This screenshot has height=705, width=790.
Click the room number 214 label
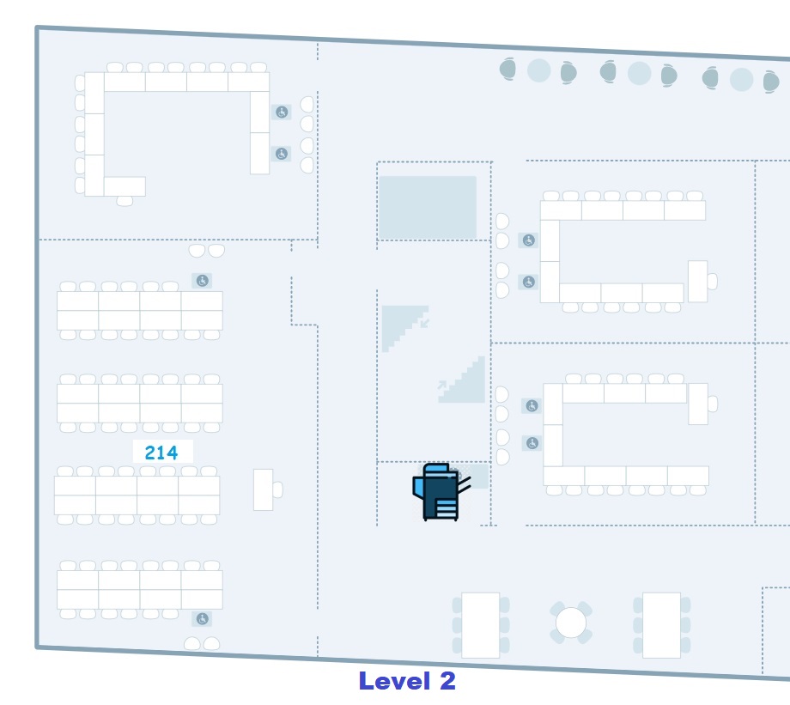click(161, 453)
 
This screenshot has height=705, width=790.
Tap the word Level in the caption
click(394, 681)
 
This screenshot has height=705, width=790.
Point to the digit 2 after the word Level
click(447, 681)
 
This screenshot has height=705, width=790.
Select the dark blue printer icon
click(441, 492)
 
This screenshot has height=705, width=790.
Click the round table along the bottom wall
click(570, 623)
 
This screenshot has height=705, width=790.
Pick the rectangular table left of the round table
click(480, 624)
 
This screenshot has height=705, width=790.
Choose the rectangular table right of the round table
click(661, 624)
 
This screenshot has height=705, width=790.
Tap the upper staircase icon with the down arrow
click(404, 327)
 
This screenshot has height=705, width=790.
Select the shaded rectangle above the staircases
click(428, 207)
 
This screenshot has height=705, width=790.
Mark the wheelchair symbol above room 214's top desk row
click(202, 281)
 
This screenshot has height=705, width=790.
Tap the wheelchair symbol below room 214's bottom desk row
click(202, 618)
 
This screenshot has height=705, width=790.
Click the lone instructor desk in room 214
click(264, 489)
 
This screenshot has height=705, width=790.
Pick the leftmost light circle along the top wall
click(538, 70)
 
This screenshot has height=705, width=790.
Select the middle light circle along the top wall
click(639, 74)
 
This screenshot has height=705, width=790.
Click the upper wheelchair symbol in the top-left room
click(281, 112)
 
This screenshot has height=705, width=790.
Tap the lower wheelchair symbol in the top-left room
click(281, 155)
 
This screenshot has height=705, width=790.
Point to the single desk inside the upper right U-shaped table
click(697, 281)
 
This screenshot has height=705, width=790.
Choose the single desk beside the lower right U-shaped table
click(698, 404)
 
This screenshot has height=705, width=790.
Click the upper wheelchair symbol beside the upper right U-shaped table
click(529, 241)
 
